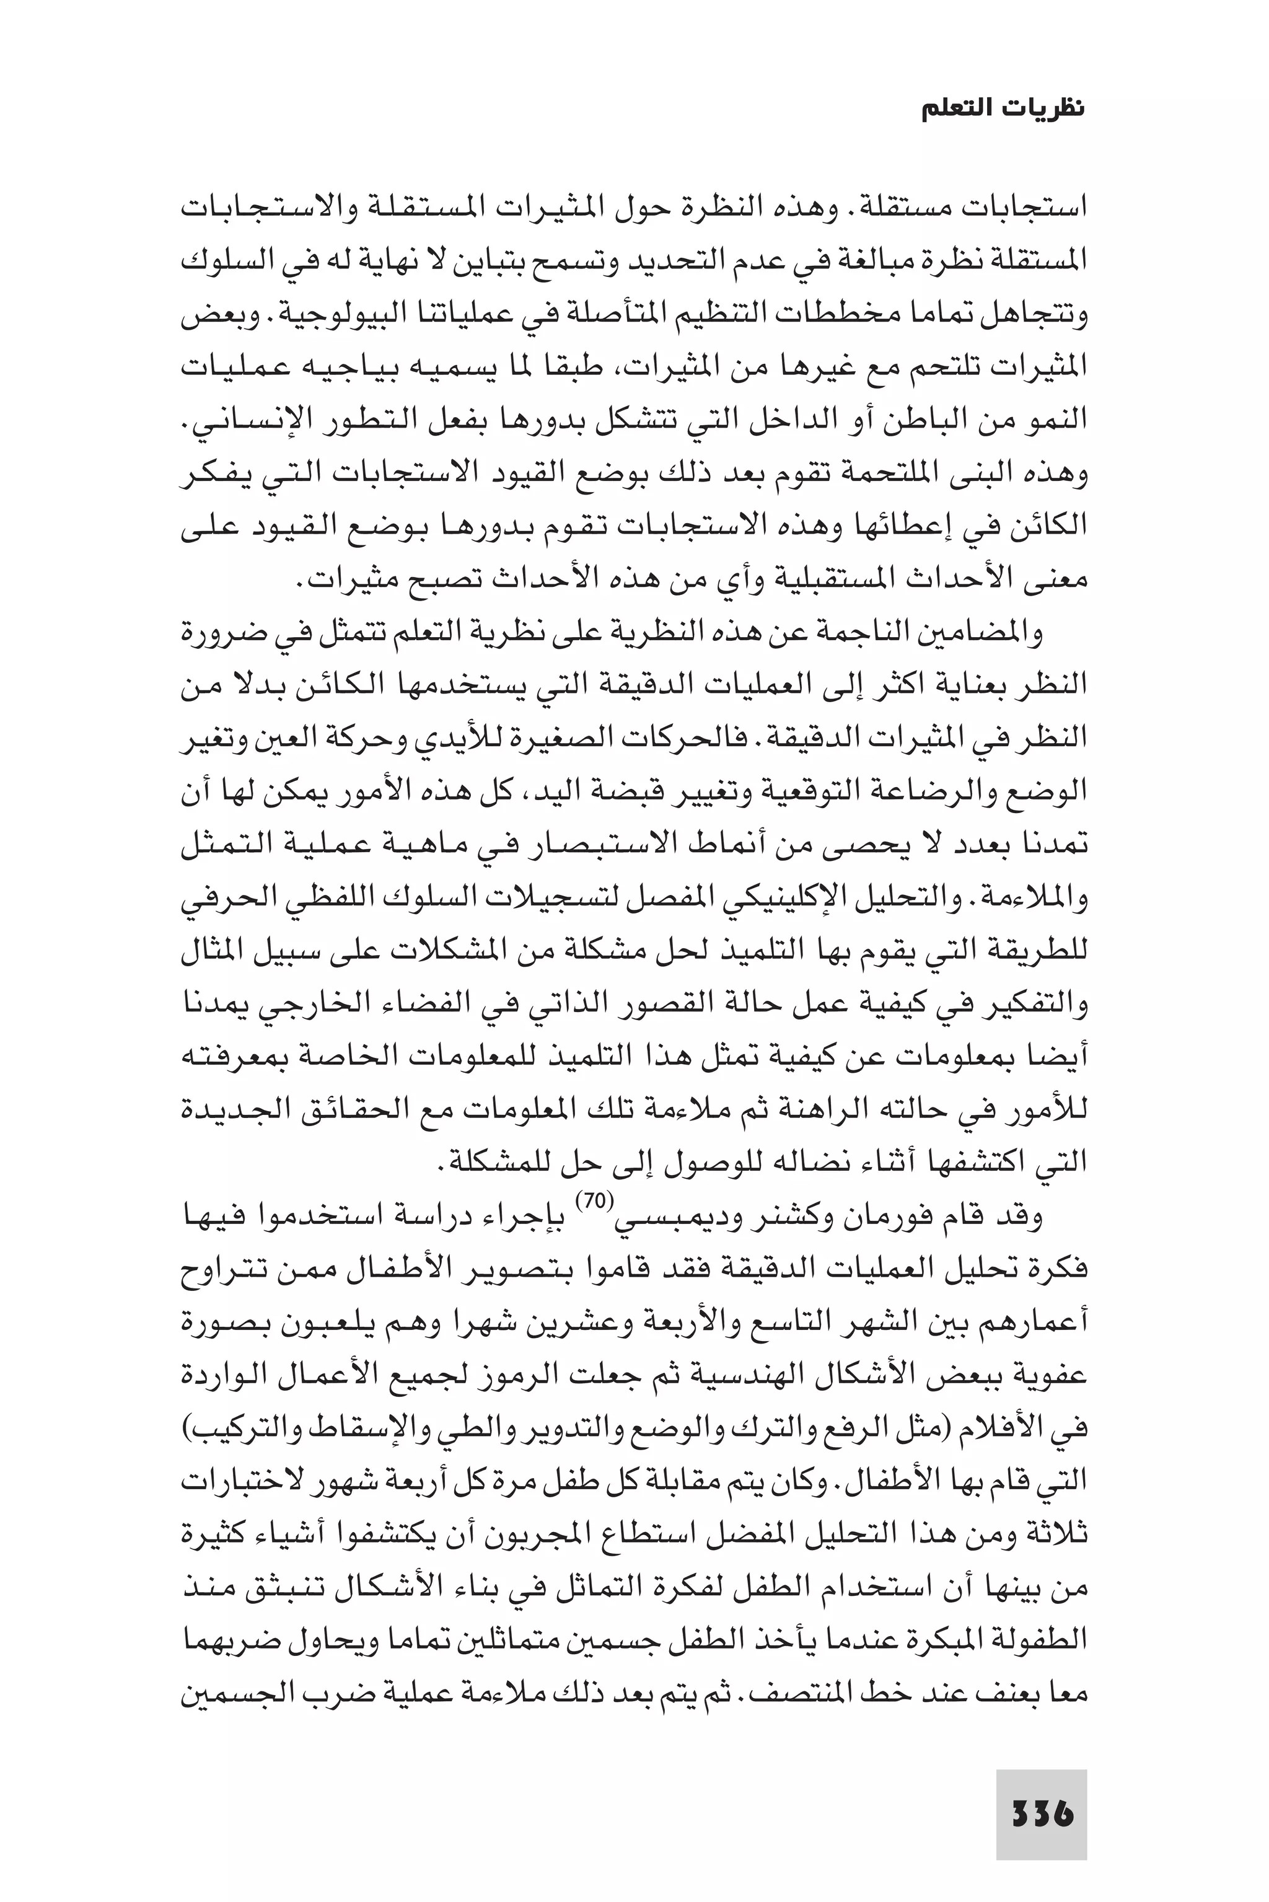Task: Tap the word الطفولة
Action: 1039,1640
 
